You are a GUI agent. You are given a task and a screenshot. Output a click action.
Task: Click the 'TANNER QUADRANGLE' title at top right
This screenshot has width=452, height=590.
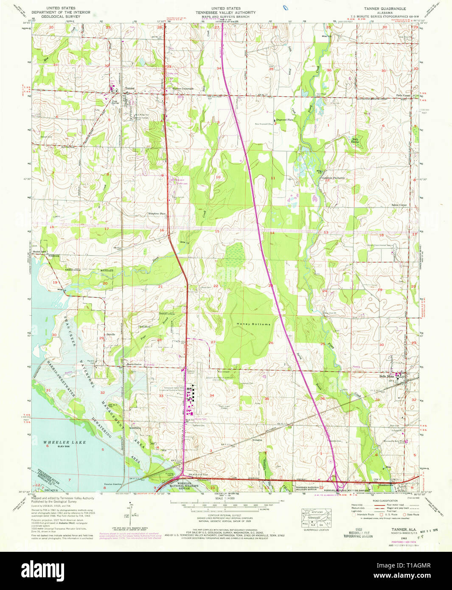pyautogui.click(x=385, y=8)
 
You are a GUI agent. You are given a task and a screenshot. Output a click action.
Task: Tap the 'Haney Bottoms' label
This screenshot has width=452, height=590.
pyautogui.click(x=253, y=324)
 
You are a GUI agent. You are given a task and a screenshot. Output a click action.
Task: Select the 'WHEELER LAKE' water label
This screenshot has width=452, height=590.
pyautogui.click(x=65, y=442)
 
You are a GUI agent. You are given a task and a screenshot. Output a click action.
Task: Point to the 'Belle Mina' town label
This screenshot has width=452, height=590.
pyautogui.click(x=386, y=376)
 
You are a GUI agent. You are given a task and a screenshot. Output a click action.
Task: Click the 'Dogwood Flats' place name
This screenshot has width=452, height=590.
pyautogui.click(x=285, y=120)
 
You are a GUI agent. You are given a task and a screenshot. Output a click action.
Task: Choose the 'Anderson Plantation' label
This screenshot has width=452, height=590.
pyautogui.click(x=333, y=178)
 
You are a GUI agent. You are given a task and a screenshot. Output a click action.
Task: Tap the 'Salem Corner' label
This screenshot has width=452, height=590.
pyautogui.click(x=399, y=205)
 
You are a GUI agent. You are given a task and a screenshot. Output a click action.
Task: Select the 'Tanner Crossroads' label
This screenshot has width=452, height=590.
pyautogui.click(x=183, y=89)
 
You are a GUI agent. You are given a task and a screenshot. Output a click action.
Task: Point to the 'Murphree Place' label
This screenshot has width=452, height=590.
pyautogui.click(x=156, y=214)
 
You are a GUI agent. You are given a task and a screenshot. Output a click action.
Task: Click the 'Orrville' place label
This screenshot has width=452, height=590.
pyautogui.click(x=111, y=334)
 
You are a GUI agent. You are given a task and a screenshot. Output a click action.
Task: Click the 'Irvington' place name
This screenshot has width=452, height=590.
pyautogui.click(x=257, y=440)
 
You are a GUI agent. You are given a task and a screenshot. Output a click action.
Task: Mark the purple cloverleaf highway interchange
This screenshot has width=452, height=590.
pyautogui.click(x=339, y=484)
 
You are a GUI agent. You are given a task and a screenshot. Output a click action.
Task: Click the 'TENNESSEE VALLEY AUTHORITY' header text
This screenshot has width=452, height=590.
pyautogui.click(x=225, y=13)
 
